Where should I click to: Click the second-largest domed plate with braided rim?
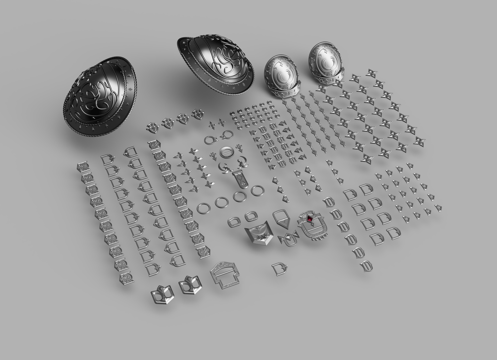pos(216,64)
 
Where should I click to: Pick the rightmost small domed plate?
pos(325,63)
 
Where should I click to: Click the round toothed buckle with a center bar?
pos(227,152)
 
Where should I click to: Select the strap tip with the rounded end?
pos(242,180)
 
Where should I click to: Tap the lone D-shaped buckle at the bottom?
pos(280,268)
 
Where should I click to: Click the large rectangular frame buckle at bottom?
pos(224,274)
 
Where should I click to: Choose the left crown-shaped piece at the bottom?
pos(162,294)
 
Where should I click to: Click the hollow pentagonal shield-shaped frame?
pos(281,219)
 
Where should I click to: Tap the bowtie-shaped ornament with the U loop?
pos(289,239)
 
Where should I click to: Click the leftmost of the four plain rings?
pos(203,208)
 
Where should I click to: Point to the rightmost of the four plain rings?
pos(257,190)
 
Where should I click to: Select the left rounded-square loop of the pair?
pos(234,222)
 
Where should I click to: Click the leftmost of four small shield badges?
pos(153,128)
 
